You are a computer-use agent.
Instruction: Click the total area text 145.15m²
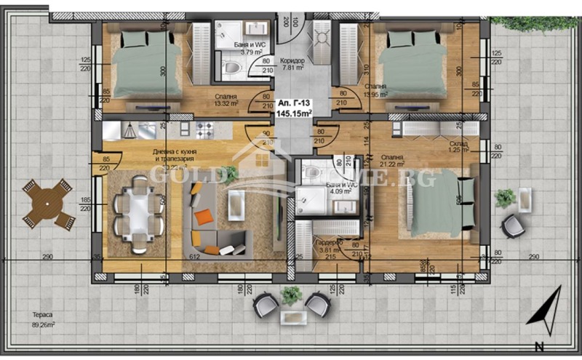point(293,114)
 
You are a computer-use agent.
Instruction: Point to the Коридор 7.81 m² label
point(292,63)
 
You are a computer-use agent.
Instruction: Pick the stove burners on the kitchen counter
point(203,129)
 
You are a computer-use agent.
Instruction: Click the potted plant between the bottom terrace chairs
point(292,295)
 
